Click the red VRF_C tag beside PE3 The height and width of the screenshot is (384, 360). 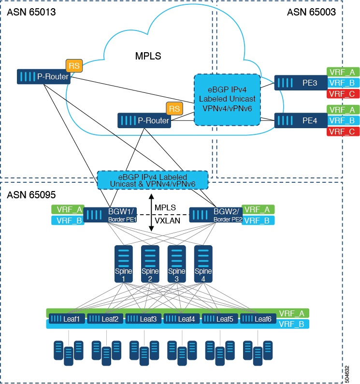click(341, 93)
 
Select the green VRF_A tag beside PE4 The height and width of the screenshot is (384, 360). click(341, 109)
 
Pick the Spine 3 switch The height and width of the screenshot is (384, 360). click(175, 264)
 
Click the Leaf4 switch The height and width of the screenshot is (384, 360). click(181, 318)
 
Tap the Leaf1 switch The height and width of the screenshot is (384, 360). click(67, 318)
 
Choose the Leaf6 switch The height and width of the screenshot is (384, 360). click(258, 318)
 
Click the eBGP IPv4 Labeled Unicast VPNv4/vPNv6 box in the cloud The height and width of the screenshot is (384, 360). click(227, 99)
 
